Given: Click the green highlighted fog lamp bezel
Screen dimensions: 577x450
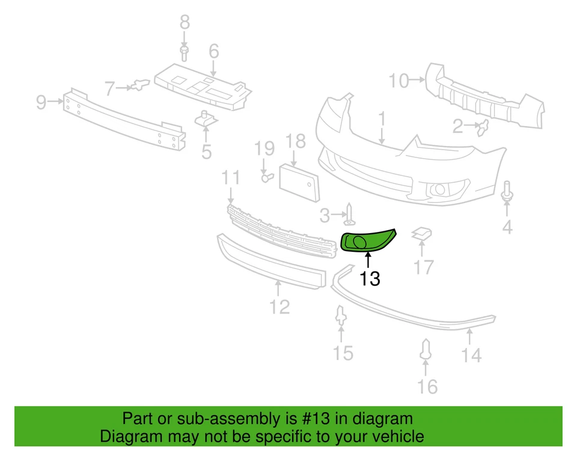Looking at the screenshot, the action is pyautogui.click(x=367, y=241).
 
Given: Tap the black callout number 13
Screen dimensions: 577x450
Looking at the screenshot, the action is pyautogui.click(x=370, y=278).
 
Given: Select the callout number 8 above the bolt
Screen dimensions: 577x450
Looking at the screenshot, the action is pyautogui.click(x=185, y=23).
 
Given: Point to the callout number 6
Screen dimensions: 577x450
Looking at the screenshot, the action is pyautogui.click(x=214, y=52).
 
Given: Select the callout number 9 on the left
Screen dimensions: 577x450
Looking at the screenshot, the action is pyautogui.click(x=41, y=102).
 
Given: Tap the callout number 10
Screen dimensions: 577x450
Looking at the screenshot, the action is pyautogui.click(x=398, y=80).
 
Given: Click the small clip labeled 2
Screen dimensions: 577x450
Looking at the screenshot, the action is pyautogui.click(x=483, y=127).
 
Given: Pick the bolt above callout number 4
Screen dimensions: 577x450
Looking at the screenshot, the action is pyautogui.click(x=507, y=191).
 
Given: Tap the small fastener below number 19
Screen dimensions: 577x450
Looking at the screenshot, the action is pyautogui.click(x=266, y=176).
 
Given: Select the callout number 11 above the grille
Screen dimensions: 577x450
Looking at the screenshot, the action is pyautogui.click(x=231, y=178).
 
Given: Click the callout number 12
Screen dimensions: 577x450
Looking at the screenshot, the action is pyautogui.click(x=279, y=306).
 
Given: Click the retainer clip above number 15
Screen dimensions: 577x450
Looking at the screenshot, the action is pyautogui.click(x=341, y=316).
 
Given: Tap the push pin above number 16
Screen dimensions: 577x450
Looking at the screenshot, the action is pyautogui.click(x=427, y=351).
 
